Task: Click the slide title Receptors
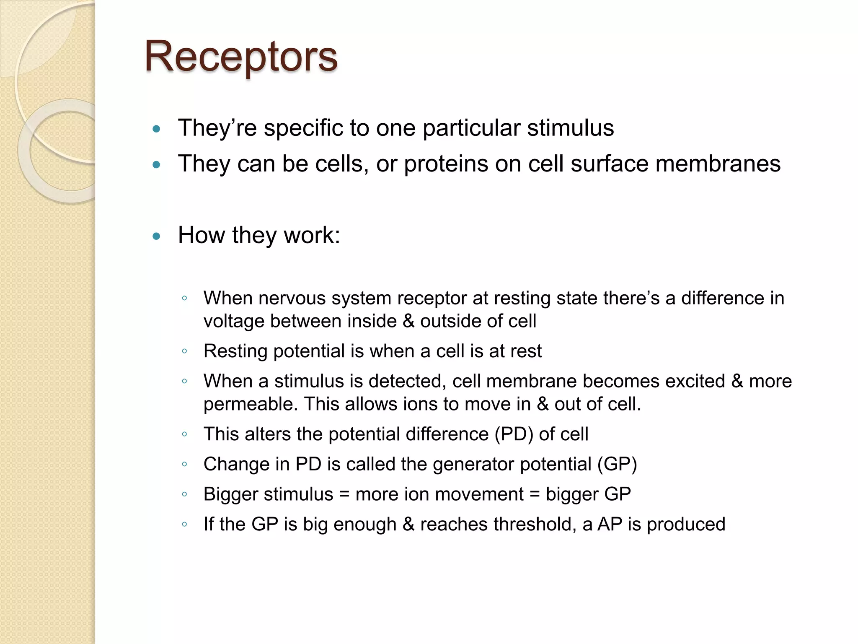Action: pyautogui.click(x=241, y=57)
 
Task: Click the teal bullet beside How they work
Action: pyautogui.click(x=157, y=236)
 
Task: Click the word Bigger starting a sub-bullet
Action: pyautogui.click(x=231, y=494)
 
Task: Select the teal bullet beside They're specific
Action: pyautogui.click(x=157, y=129)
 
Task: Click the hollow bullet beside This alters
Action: pyautogui.click(x=184, y=434)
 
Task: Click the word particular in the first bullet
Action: pyautogui.click(x=471, y=128)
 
